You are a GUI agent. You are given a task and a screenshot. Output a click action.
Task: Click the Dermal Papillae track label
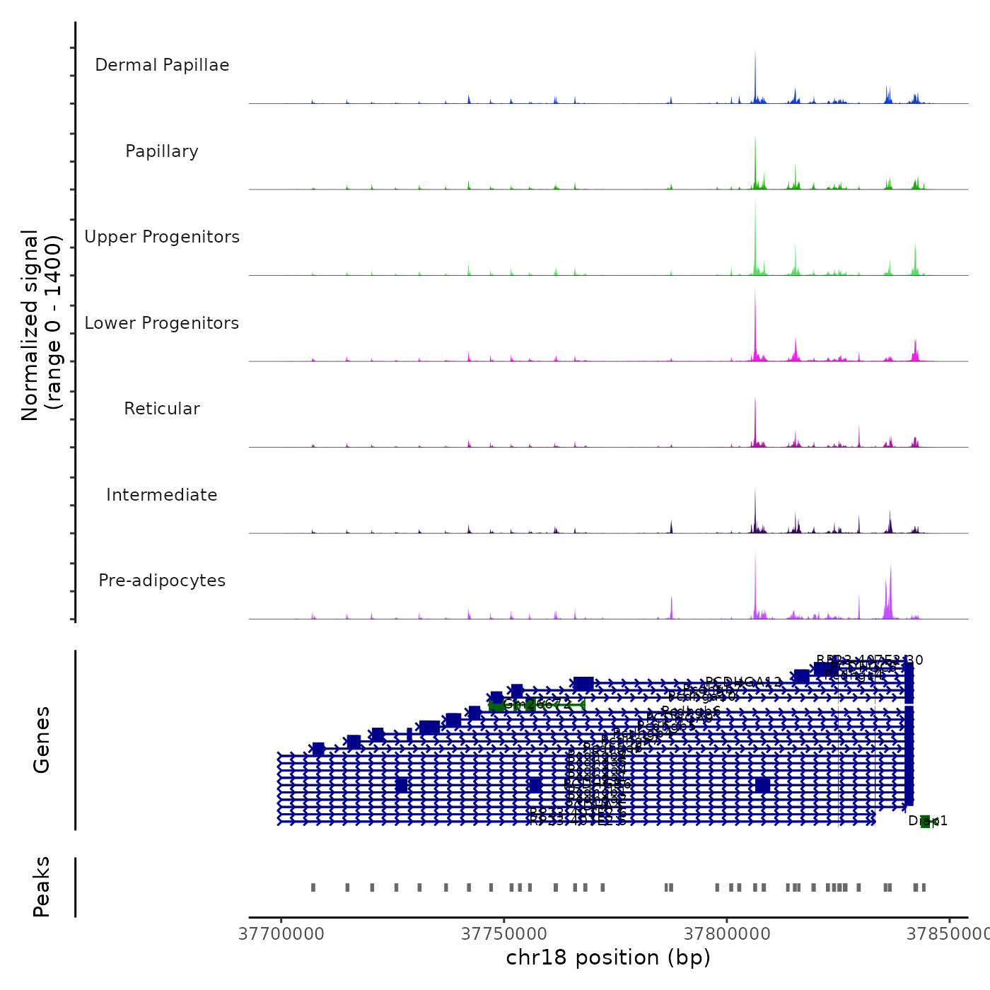[x=162, y=65]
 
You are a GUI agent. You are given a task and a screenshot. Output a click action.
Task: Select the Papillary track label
[x=162, y=151]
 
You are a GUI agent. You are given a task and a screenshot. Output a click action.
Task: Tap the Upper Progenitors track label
[x=162, y=237]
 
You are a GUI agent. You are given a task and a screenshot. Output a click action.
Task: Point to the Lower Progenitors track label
[x=162, y=323]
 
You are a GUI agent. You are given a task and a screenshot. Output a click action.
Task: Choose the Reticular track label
[x=162, y=409]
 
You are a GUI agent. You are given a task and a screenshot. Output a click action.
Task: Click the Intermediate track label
[x=162, y=495]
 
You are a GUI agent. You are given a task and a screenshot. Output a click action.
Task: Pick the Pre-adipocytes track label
[x=162, y=581]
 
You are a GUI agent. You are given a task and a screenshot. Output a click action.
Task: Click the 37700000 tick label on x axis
[x=281, y=934]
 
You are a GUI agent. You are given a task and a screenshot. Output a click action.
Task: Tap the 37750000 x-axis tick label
[x=504, y=934]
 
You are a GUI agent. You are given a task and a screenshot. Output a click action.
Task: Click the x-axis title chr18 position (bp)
[x=608, y=958]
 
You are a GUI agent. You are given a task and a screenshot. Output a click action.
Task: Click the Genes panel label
[x=42, y=740]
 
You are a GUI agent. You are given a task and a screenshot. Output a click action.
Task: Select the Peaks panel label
[x=42, y=887]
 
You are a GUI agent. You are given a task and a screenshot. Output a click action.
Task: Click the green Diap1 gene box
[x=925, y=821]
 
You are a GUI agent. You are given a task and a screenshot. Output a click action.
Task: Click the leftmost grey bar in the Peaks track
[x=313, y=887]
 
